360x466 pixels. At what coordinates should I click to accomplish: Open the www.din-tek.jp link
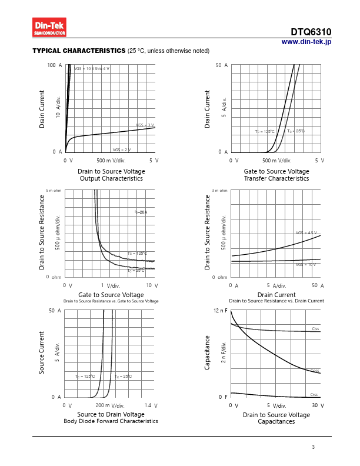pyautogui.click(x=306, y=42)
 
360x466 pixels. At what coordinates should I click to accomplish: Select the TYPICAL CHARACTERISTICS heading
pyautogui.click(x=79, y=51)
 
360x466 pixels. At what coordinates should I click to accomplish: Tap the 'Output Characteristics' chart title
pyautogui.click(x=111, y=178)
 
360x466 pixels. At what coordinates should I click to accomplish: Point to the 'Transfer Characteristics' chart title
pyautogui.click(x=276, y=178)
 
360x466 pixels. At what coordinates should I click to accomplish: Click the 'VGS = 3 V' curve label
pyautogui.click(x=145, y=125)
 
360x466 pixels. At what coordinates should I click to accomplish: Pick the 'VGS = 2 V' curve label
pyautogui.click(x=121, y=150)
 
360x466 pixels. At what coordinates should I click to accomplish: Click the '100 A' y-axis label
pyautogui.click(x=55, y=65)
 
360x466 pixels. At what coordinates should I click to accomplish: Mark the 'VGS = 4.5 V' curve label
pyautogui.click(x=306, y=233)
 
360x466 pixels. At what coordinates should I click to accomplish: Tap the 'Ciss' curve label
pyautogui.click(x=315, y=328)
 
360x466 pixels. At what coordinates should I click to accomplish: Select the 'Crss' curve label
pyautogui.click(x=314, y=394)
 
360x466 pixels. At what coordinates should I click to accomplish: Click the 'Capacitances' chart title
pyautogui.click(x=276, y=422)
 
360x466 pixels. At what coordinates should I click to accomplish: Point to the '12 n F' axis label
pyautogui.click(x=219, y=310)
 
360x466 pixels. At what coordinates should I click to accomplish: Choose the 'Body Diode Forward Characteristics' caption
pyautogui.click(x=111, y=421)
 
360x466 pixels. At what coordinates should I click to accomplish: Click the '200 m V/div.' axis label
pyautogui.click(x=109, y=406)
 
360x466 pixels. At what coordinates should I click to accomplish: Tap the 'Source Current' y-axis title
pyautogui.click(x=42, y=353)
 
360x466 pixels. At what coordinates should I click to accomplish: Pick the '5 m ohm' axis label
pyautogui.click(x=54, y=191)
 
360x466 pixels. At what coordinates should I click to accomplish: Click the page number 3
pyautogui.click(x=314, y=448)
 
